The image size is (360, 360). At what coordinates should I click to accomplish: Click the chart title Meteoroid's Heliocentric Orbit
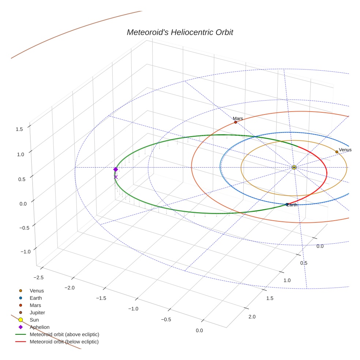click(180, 33)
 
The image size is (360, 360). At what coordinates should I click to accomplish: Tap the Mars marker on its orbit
click(236, 122)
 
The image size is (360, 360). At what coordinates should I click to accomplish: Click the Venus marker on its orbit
click(337, 152)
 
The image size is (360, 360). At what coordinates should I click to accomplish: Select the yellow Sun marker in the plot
click(294, 168)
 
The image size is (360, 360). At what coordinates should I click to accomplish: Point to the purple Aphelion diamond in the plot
click(116, 169)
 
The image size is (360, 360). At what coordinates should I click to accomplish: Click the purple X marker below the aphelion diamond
click(116, 177)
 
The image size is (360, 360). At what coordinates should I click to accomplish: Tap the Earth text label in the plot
click(292, 205)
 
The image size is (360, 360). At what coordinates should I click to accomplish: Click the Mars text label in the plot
click(238, 119)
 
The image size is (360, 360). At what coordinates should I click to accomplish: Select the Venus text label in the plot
click(345, 150)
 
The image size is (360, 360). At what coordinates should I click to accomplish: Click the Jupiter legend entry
click(37, 313)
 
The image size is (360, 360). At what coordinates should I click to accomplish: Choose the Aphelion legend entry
click(40, 327)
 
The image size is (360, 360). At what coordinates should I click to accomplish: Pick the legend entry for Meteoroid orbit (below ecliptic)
click(64, 342)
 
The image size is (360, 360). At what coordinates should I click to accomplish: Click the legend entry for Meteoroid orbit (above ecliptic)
click(64, 334)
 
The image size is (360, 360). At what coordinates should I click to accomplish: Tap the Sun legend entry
click(34, 320)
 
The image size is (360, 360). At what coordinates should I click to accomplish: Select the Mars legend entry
click(35, 305)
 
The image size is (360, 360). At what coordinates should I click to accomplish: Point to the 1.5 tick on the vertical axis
click(20, 129)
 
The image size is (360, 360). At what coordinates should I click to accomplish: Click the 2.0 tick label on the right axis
click(252, 316)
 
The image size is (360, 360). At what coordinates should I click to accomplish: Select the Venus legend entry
click(37, 291)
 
